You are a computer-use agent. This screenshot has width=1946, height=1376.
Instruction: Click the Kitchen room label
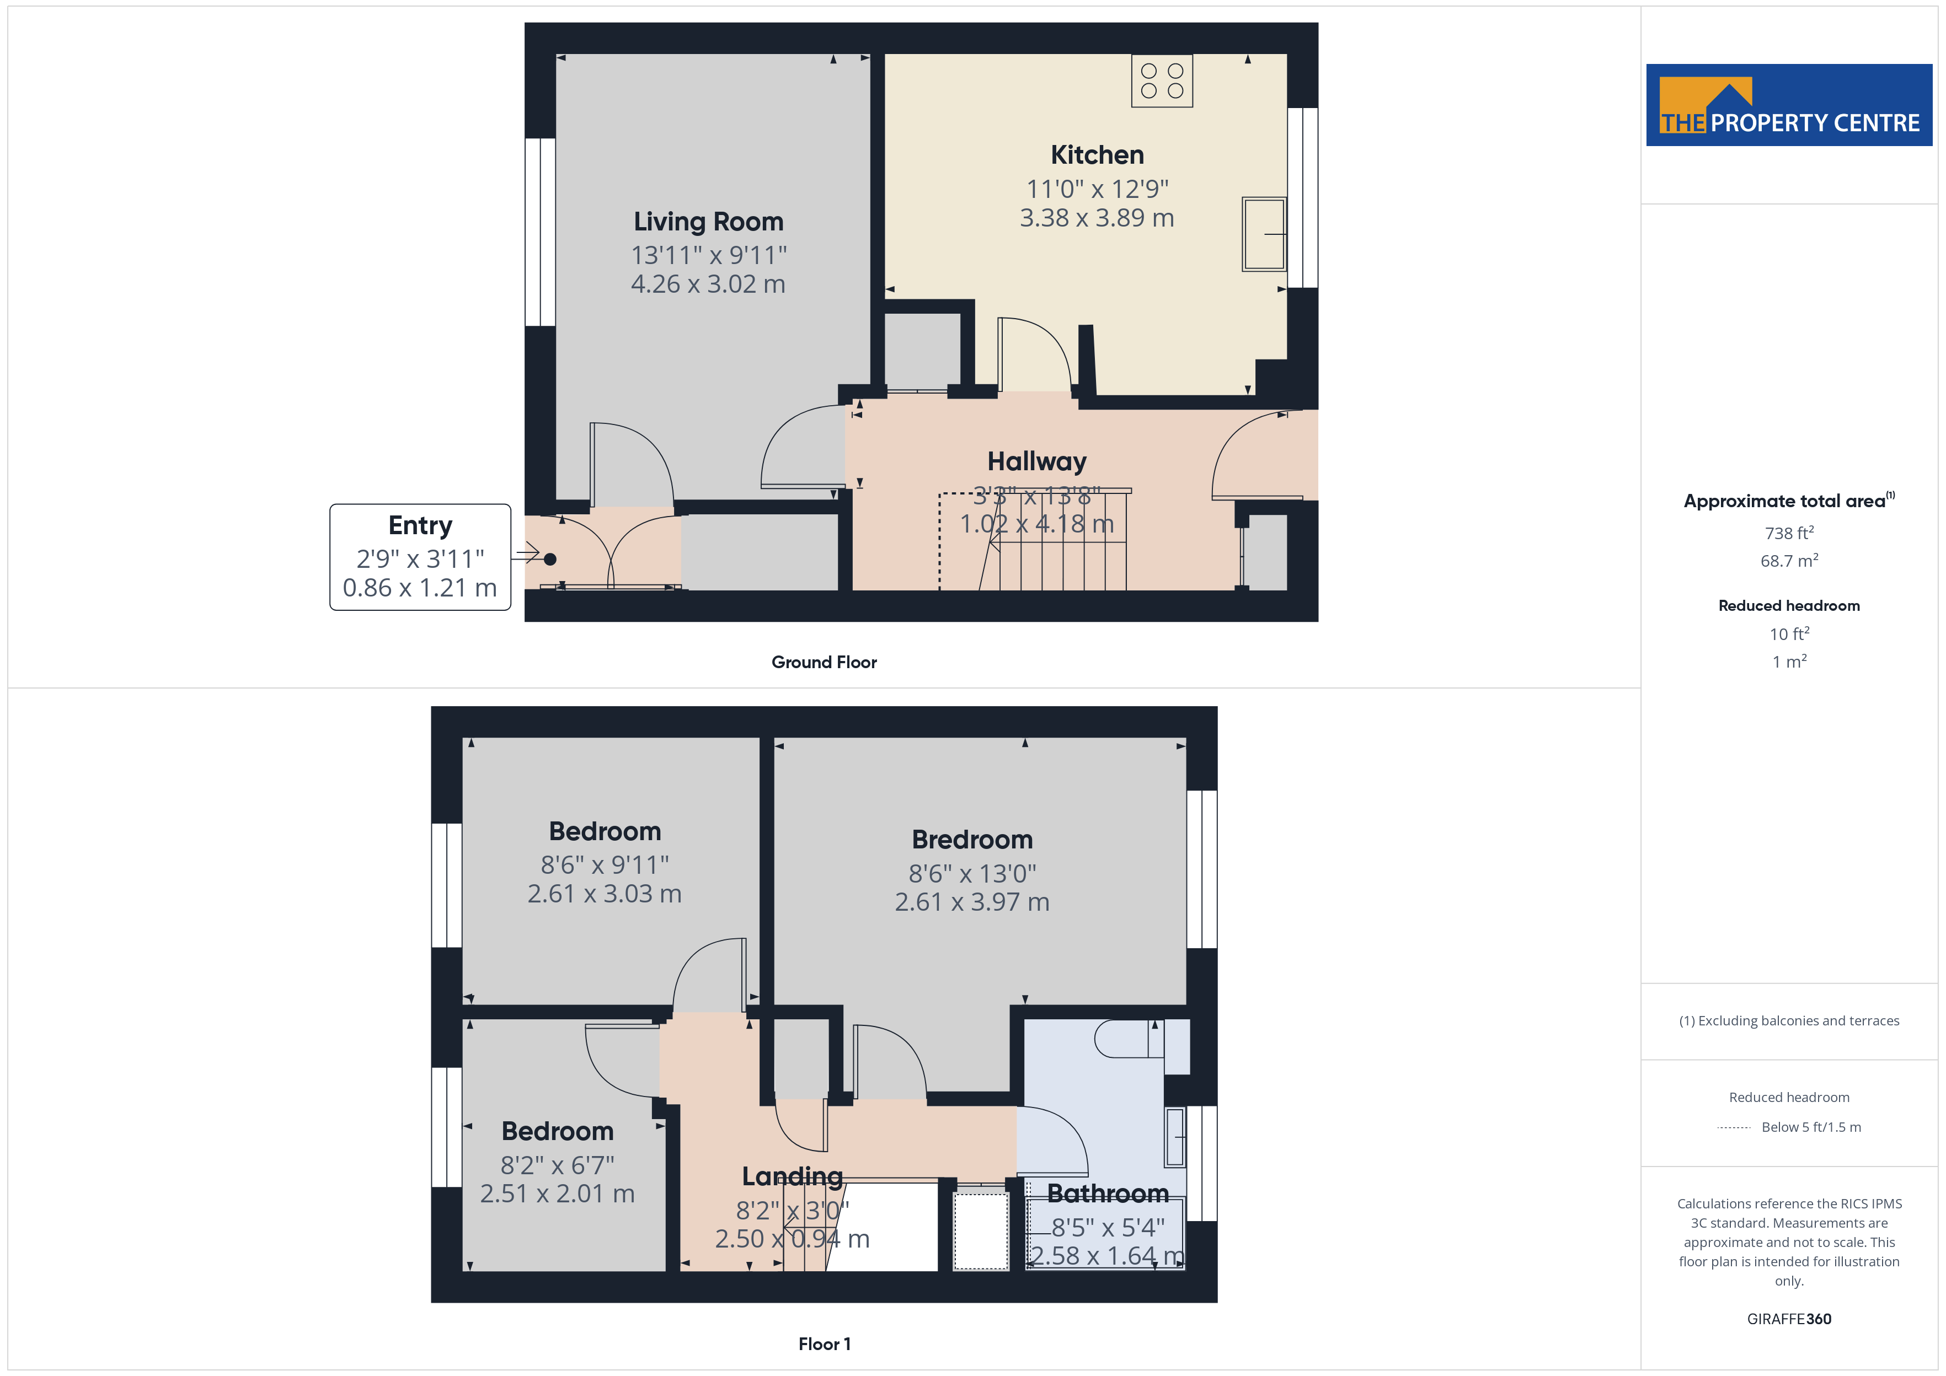tap(1097, 155)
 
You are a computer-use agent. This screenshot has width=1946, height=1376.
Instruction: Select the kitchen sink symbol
tap(1264, 234)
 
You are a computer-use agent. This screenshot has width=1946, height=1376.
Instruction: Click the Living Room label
tap(709, 222)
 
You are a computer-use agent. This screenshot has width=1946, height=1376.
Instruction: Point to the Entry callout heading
tap(420, 525)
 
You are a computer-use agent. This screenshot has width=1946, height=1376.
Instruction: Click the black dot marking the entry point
tap(550, 559)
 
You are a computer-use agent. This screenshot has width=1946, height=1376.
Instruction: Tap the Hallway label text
tap(1036, 462)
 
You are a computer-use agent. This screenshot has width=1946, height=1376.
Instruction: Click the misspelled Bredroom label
tap(972, 840)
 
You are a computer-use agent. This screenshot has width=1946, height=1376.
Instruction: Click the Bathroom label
tap(1108, 1194)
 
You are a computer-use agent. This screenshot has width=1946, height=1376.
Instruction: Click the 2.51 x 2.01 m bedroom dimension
tap(557, 1194)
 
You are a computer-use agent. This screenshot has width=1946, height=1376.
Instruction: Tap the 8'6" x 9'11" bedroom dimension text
tap(605, 865)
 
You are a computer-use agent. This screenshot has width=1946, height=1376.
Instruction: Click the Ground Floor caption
tap(824, 663)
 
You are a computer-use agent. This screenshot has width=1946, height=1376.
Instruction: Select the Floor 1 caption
tap(824, 1344)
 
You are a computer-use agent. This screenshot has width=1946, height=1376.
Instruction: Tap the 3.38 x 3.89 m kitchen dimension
tap(1097, 219)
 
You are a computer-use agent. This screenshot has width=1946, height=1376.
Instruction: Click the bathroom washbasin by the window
tap(1175, 1137)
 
